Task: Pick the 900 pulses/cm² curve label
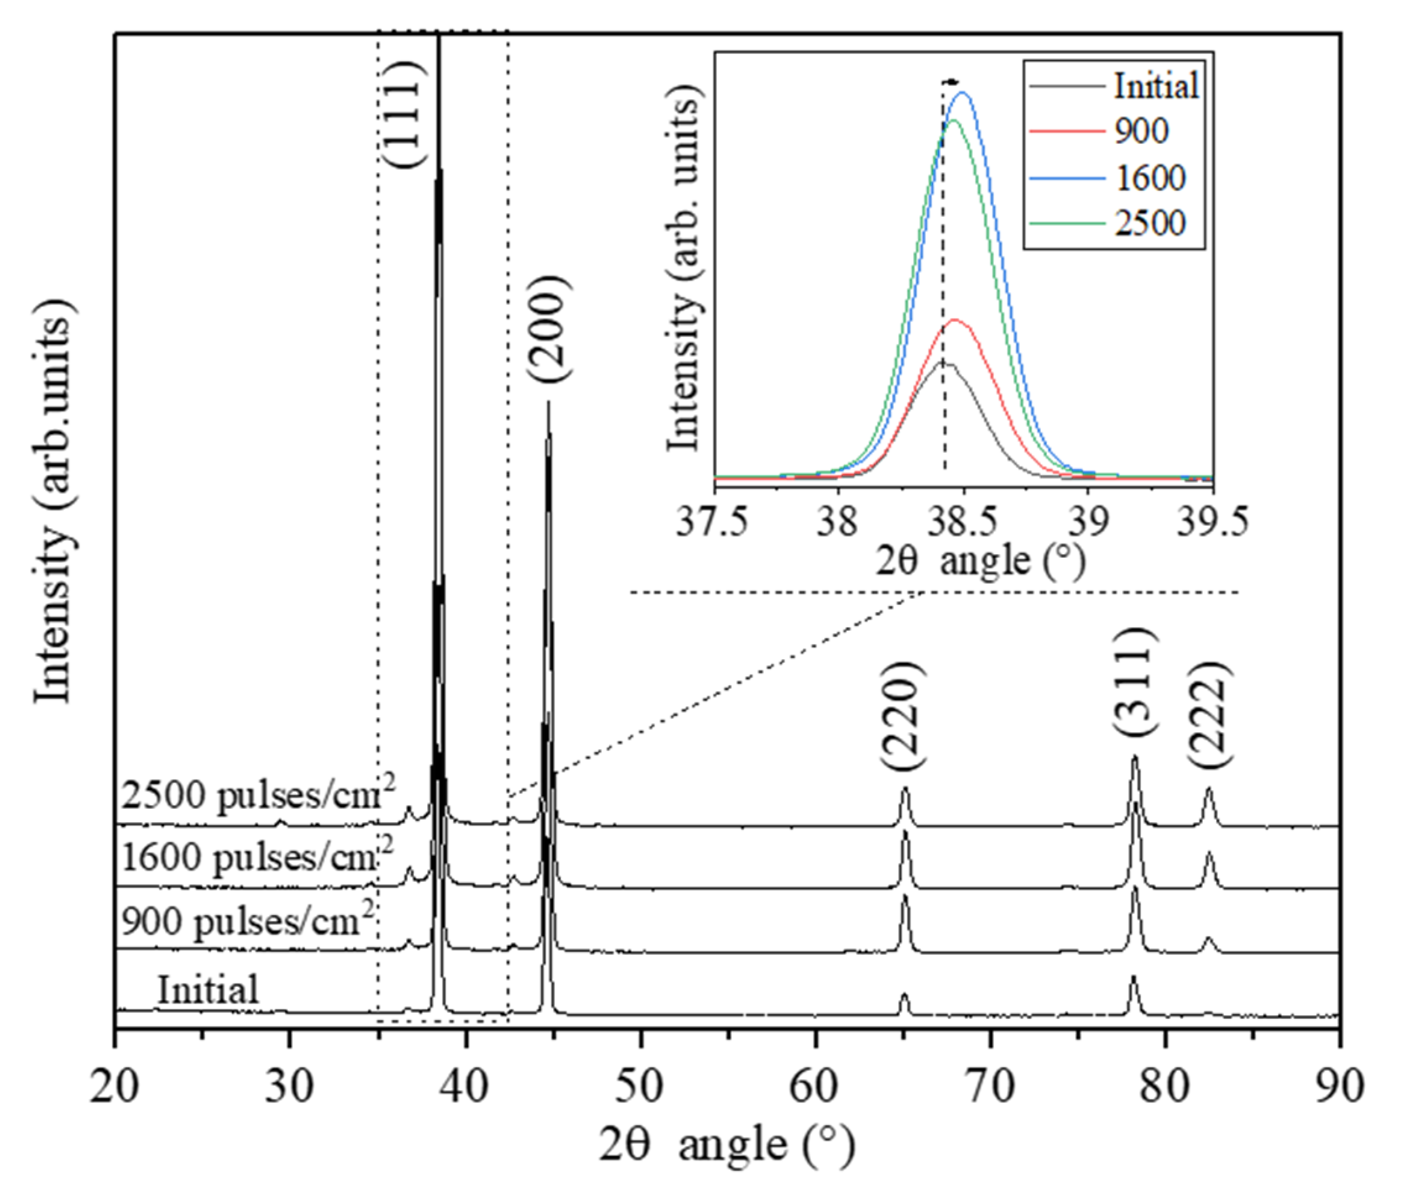(x=248, y=922)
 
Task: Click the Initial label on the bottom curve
(x=208, y=990)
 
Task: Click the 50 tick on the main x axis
(x=640, y=1086)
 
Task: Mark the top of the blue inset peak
(x=962, y=93)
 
